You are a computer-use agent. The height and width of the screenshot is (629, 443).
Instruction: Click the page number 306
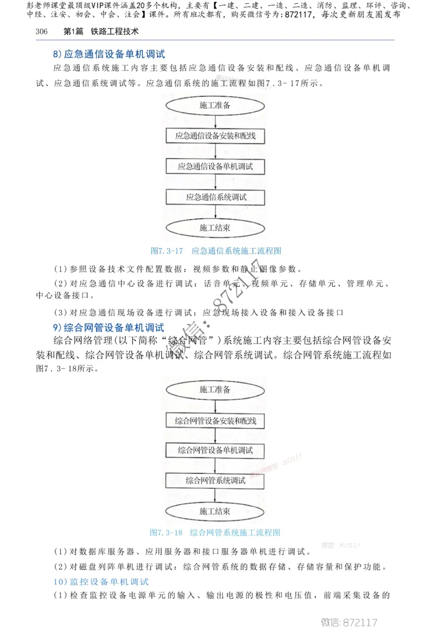(x=42, y=32)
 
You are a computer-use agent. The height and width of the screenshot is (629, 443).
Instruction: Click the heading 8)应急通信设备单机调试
(x=109, y=54)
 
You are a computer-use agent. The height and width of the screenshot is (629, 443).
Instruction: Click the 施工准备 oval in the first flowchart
(x=215, y=105)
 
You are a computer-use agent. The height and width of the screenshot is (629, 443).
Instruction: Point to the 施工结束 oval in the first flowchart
(x=215, y=228)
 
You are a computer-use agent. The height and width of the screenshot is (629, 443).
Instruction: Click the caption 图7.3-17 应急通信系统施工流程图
(x=216, y=251)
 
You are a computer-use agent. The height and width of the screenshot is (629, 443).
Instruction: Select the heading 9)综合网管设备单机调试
(x=109, y=327)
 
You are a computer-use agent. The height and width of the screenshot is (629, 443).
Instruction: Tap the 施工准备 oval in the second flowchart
(x=215, y=390)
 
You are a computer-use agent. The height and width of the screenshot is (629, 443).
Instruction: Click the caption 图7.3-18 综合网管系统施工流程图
(x=215, y=533)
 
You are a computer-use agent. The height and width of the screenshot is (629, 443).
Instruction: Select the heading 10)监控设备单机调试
(x=101, y=581)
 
